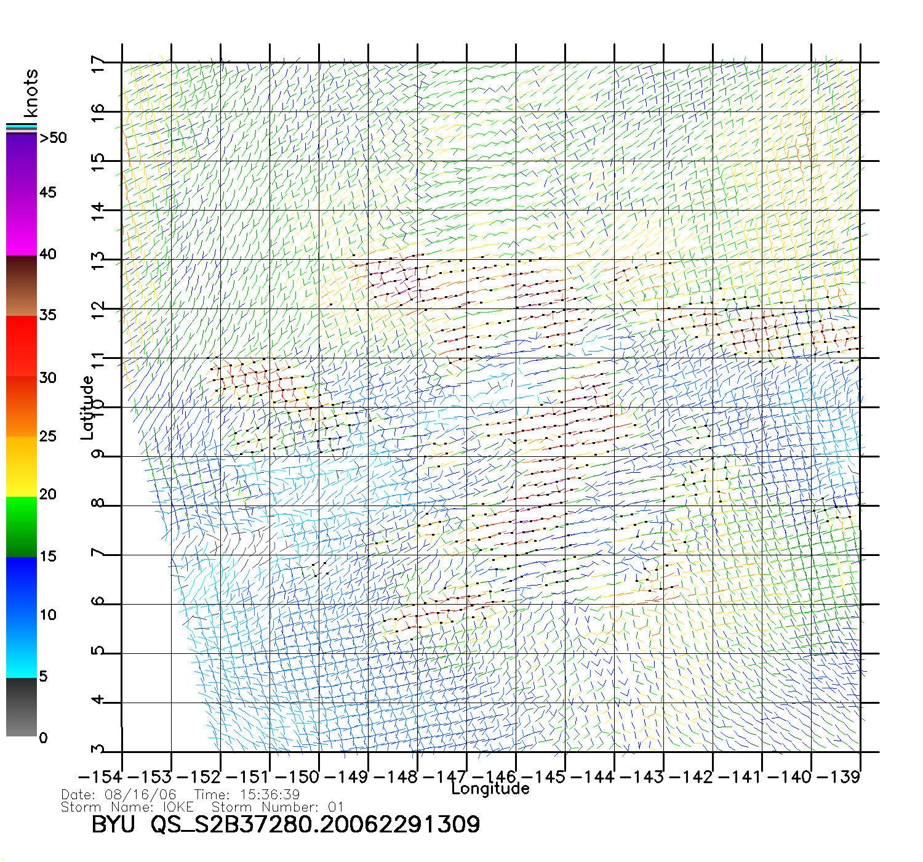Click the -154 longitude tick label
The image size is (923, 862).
tap(100, 777)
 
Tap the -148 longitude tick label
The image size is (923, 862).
tap(396, 777)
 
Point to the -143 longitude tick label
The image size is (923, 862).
tap(642, 777)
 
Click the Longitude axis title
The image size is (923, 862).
tap(490, 789)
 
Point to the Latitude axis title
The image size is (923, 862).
tap(87, 407)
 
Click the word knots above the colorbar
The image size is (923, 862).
tap(31, 93)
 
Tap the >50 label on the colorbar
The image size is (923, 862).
tap(53, 138)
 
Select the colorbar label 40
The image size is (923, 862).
tap(47, 254)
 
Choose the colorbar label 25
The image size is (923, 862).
tap(47, 437)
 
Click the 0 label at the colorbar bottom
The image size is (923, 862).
tap(43, 738)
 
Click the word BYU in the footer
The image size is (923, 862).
tap(113, 824)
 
